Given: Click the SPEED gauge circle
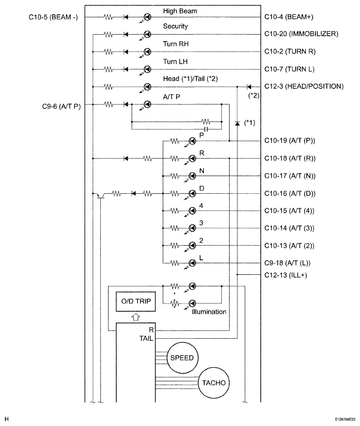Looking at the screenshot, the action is click(x=182, y=357).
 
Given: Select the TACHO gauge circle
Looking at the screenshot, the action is click(x=214, y=383).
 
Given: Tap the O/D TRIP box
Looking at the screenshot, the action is click(x=136, y=301).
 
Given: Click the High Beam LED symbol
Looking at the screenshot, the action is click(x=147, y=17).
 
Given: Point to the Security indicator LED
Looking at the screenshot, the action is click(x=147, y=34).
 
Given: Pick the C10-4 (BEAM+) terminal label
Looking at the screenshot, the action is click(x=289, y=17).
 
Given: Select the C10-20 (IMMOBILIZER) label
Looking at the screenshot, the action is click(x=301, y=34).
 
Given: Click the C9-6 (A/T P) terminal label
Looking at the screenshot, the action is click(x=61, y=106).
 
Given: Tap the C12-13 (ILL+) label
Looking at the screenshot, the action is click(x=286, y=275).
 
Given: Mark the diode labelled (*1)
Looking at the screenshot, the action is click(x=237, y=124).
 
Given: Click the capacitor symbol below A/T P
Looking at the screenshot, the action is click(x=206, y=129).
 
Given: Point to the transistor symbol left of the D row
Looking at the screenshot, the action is click(x=100, y=195).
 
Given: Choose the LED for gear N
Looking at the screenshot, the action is click(x=192, y=176).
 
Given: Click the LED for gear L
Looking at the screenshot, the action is click(x=192, y=263).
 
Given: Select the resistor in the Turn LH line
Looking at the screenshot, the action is click(x=109, y=70).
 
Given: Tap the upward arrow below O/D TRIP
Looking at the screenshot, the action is click(x=136, y=317).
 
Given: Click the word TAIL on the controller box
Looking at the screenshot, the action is click(x=146, y=339).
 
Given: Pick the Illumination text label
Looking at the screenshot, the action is click(x=209, y=312).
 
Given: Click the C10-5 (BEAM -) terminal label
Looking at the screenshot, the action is click(x=54, y=17).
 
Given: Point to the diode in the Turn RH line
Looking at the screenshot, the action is click(x=126, y=52).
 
